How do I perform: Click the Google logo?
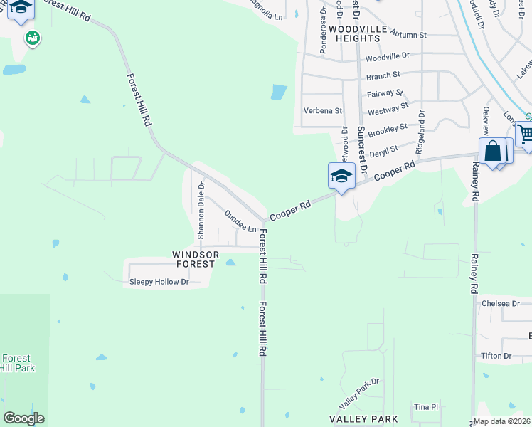(x=24, y=418)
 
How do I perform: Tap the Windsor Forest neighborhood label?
(x=194, y=259)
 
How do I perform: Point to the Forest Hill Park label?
(x=18, y=363)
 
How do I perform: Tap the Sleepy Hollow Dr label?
(x=159, y=282)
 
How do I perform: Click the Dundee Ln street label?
(x=240, y=221)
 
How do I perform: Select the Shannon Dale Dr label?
(x=201, y=211)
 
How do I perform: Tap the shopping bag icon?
(x=493, y=152)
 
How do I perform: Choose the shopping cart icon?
(x=526, y=134)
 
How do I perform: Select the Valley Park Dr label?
(x=360, y=389)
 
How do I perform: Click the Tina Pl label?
(x=427, y=406)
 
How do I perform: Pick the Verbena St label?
(x=323, y=110)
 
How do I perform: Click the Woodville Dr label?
(x=388, y=56)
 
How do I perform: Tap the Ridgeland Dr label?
(x=421, y=133)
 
